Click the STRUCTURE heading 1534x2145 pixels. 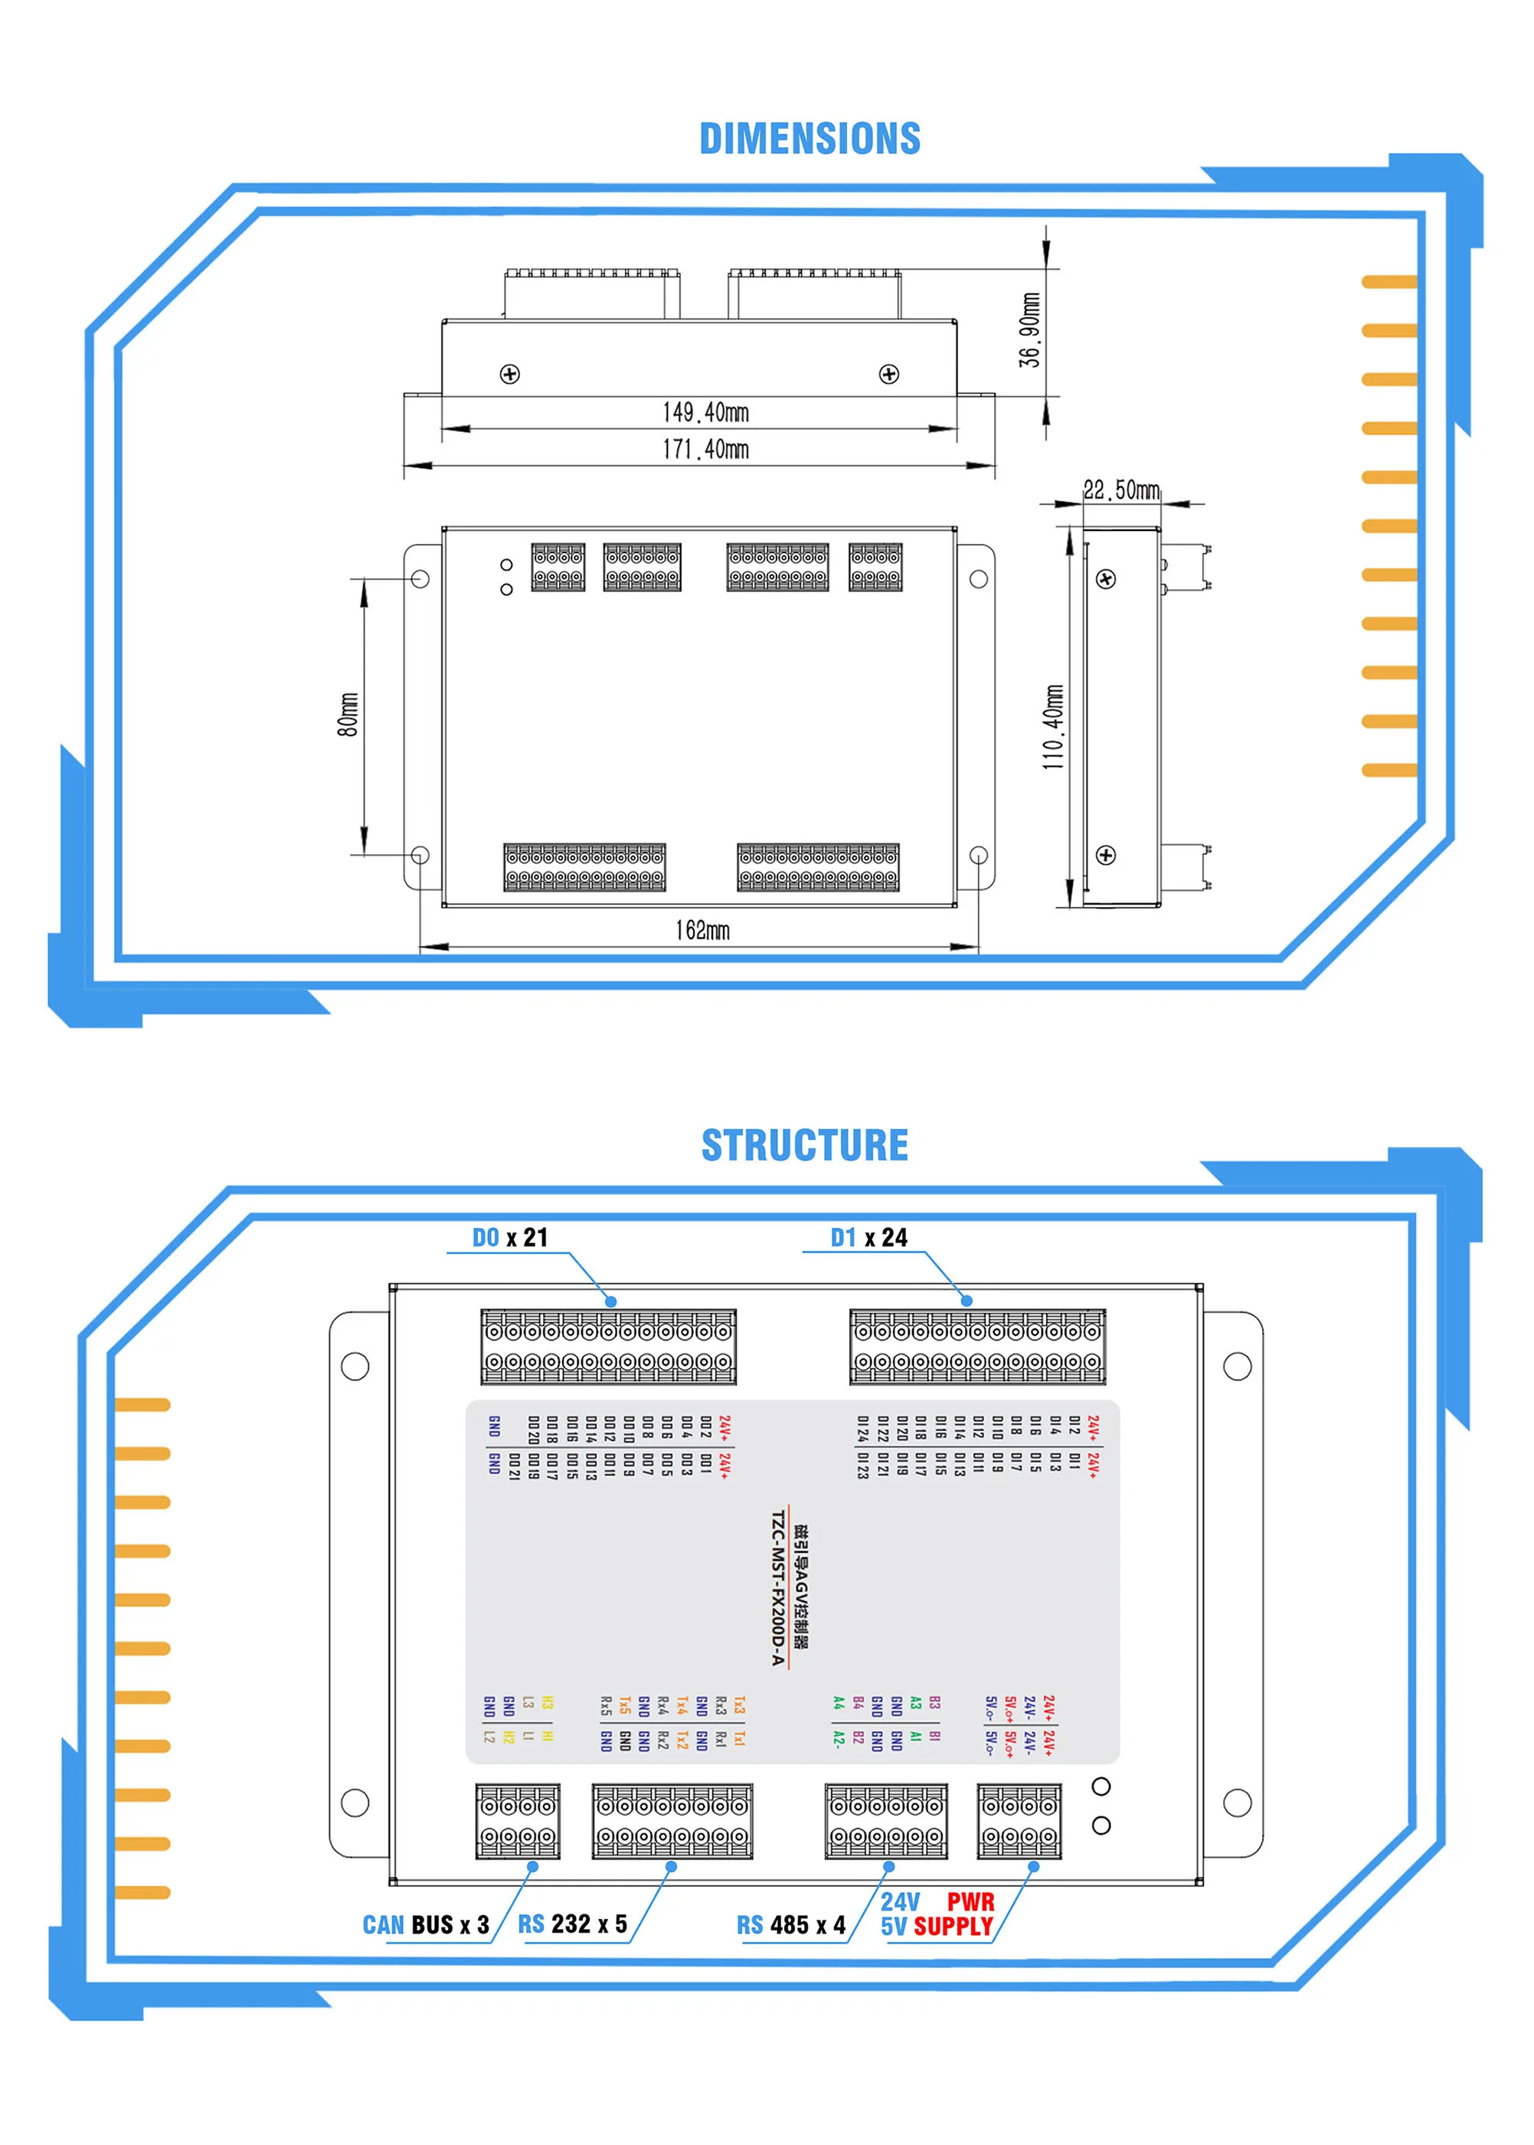point(805,1145)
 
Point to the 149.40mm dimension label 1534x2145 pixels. point(705,412)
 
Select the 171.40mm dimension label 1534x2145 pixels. point(705,449)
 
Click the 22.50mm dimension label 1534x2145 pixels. point(1121,490)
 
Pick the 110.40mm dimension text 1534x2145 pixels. point(1053,727)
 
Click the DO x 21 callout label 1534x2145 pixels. point(510,1238)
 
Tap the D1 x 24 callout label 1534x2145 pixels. point(868,1238)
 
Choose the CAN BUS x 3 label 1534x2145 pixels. point(425,1925)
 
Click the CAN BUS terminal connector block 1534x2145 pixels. point(518,1821)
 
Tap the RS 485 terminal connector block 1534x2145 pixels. point(885,1821)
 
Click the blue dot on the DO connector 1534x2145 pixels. point(611,1302)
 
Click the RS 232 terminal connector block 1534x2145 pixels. point(672,1821)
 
